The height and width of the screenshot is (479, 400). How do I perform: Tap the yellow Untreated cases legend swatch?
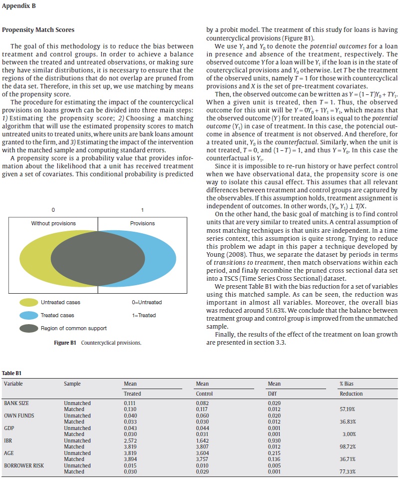tap(29, 302)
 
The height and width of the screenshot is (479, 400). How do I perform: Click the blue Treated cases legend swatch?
tap(29, 315)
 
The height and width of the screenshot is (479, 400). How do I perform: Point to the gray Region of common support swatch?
tap(29, 328)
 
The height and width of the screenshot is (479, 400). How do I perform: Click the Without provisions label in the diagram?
tap(54, 223)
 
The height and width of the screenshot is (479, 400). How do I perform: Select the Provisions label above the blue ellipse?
tap(142, 223)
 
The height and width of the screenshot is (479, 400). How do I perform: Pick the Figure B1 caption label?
tap(65, 343)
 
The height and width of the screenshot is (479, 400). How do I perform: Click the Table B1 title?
tap(12, 373)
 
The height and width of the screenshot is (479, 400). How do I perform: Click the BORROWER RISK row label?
tap(22, 466)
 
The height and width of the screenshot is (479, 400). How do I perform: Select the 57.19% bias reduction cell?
tap(348, 409)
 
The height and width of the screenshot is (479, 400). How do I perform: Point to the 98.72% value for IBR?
tap(348, 447)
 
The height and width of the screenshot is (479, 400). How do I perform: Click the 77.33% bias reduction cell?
tap(348, 472)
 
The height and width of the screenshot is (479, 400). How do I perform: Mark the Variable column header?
tap(13, 384)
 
